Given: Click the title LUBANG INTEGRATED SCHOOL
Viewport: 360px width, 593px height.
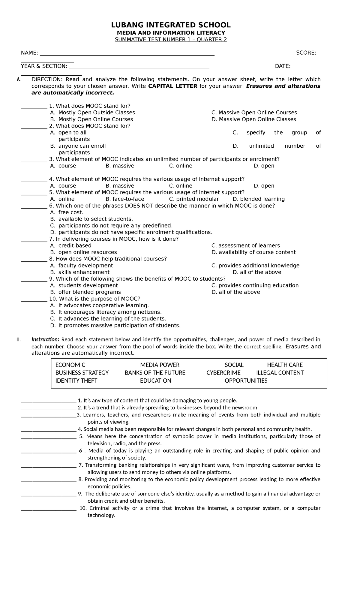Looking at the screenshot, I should click(x=171, y=25).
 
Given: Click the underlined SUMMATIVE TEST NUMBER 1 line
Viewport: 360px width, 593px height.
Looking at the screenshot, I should click(x=171, y=40).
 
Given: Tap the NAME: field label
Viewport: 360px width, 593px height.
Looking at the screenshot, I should click(x=29, y=53).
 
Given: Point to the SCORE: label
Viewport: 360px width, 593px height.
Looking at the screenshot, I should click(x=306, y=53).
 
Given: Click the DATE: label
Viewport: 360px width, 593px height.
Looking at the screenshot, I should click(x=283, y=66).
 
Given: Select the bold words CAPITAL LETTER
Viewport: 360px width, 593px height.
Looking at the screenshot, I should click(x=173, y=86).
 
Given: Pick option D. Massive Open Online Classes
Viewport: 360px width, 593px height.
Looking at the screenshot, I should click(x=253, y=119).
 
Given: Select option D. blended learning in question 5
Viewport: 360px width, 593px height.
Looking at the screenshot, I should click(x=259, y=199).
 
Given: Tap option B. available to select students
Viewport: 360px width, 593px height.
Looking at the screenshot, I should click(x=91, y=219).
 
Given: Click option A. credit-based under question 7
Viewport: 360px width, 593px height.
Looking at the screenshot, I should click(x=71, y=245).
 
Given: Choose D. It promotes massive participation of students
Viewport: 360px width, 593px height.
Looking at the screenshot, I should click(x=115, y=325).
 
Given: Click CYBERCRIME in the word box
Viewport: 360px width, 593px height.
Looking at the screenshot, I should click(x=223, y=373).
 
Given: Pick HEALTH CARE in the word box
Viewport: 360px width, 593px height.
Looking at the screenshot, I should click(x=285, y=365).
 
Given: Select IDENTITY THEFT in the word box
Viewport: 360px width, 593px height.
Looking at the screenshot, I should click(x=76, y=381).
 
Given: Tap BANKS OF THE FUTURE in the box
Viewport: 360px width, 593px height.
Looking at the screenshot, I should click(x=155, y=373).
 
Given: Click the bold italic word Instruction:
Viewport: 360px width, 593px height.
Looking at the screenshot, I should click(x=45, y=339).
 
